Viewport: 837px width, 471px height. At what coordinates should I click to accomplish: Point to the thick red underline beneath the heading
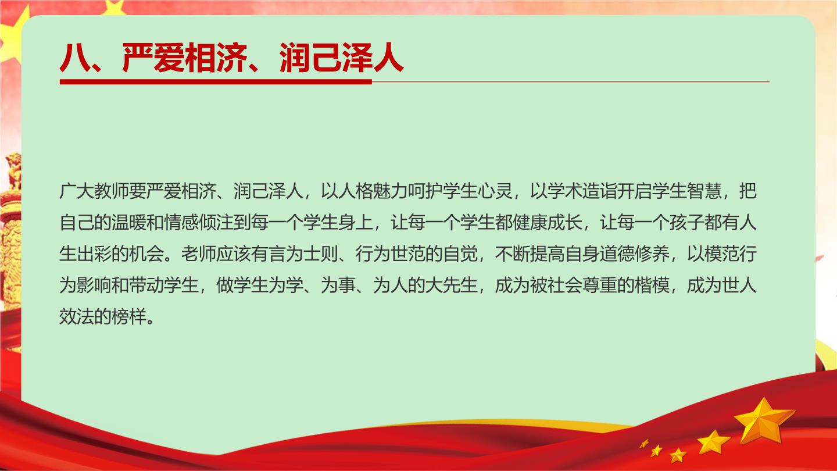tap(216, 81)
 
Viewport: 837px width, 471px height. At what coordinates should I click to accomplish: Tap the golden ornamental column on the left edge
tap(10, 232)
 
